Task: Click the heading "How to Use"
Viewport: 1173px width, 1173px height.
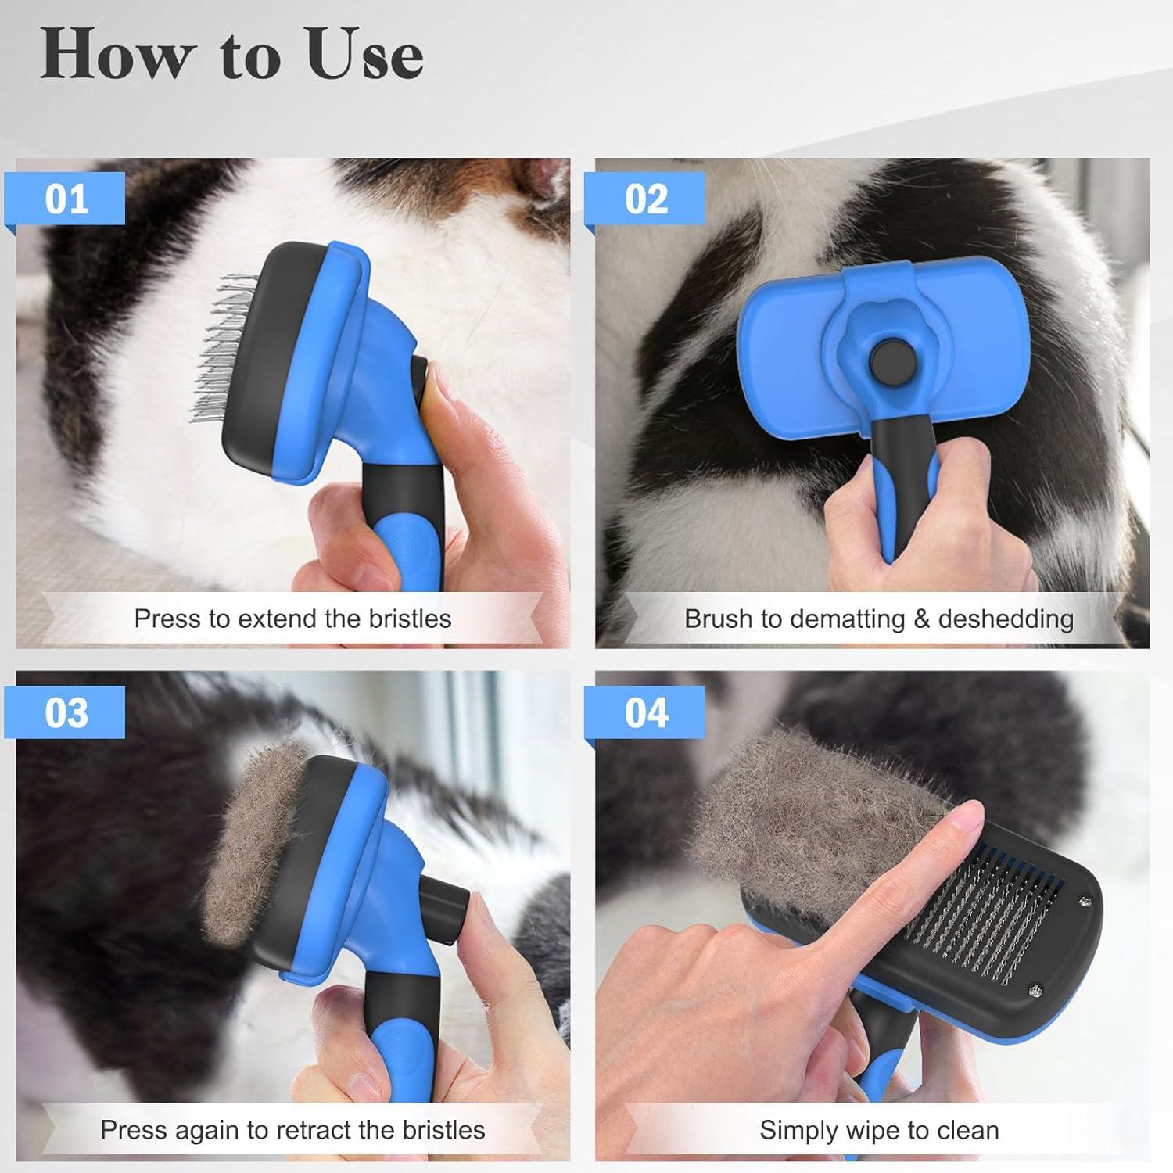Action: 232,55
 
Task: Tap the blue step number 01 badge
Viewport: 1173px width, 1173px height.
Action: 67,199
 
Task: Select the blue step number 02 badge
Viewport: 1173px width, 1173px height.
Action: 647,199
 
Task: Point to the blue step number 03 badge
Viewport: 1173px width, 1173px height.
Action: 67,712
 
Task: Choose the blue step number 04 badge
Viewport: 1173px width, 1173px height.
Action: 647,712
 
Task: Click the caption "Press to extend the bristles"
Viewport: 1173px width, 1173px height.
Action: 292,619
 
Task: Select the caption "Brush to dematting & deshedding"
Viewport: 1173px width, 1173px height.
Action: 878,619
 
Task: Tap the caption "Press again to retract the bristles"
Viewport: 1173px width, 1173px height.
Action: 292,1130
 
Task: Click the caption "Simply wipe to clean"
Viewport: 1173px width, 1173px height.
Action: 878,1130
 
